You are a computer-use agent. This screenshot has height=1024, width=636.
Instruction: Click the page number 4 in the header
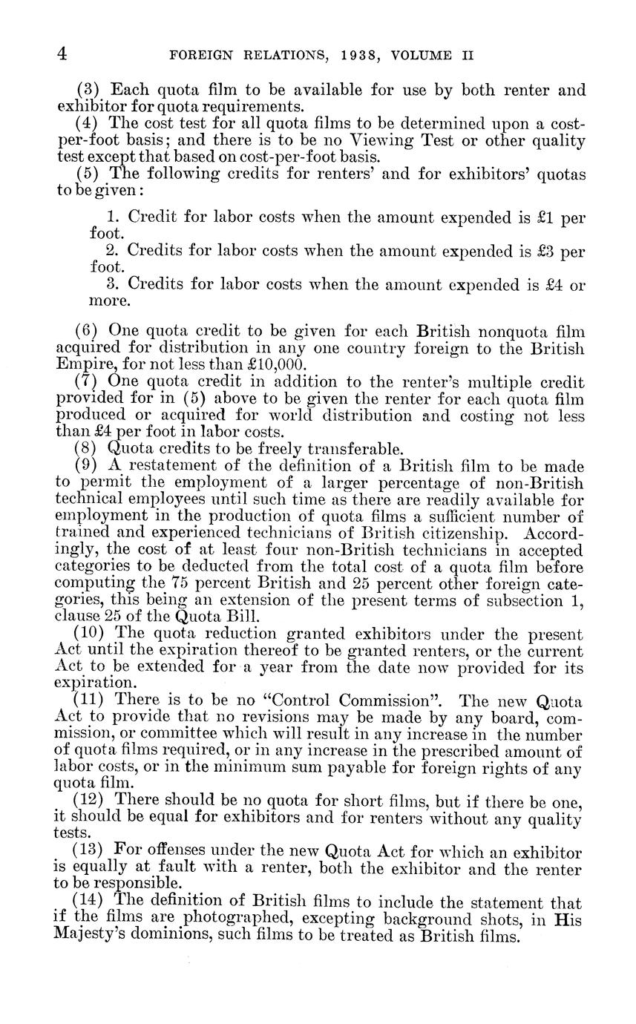coord(62,54)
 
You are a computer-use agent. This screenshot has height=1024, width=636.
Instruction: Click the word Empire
coord(82,364)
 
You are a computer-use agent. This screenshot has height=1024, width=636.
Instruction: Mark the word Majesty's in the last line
coord(89,936)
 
